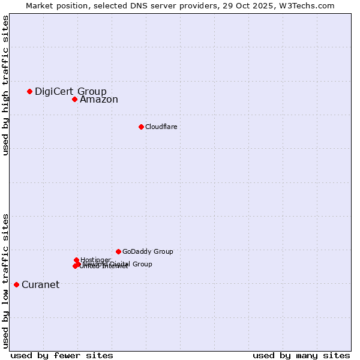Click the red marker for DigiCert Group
coord(29,91)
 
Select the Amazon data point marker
coord(74,99)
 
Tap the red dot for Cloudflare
coord(141,127)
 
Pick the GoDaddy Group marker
coord(118,251)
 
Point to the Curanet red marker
coord(16,284)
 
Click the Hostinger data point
coord(77,260)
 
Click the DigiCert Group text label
coord(70,91)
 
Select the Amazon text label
coord(98,100)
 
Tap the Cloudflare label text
coord(161,127)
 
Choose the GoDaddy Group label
coord(148,251)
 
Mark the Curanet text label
coord(40,284)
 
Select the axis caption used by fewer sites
coord(62,355)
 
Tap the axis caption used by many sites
coord(301,355)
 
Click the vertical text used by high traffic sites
coord(5,85)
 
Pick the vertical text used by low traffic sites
coord(5,281)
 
